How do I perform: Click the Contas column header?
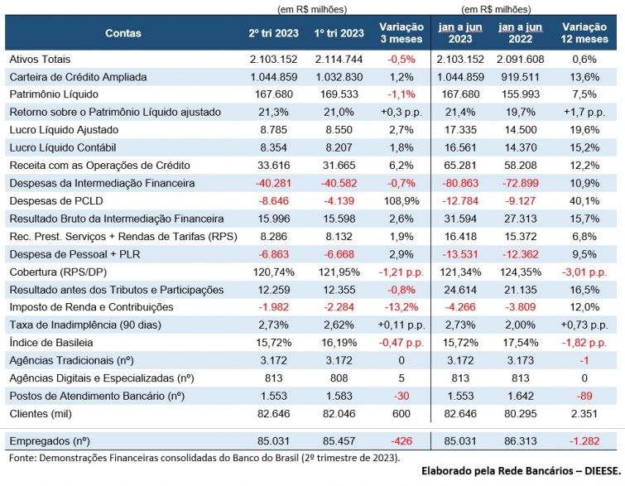coord(123,33)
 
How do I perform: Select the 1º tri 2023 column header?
coord(339,33)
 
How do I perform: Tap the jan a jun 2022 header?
coord(526,33)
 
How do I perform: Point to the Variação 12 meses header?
coord(589,33)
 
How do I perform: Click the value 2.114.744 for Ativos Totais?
coord(339,60)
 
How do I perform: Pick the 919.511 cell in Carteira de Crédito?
coord(526,77)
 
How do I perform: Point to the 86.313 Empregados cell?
coord(526,441)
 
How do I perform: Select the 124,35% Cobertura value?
coord(526,272)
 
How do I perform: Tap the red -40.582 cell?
coord(339,183)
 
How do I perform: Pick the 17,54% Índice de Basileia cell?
coord(526,343)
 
